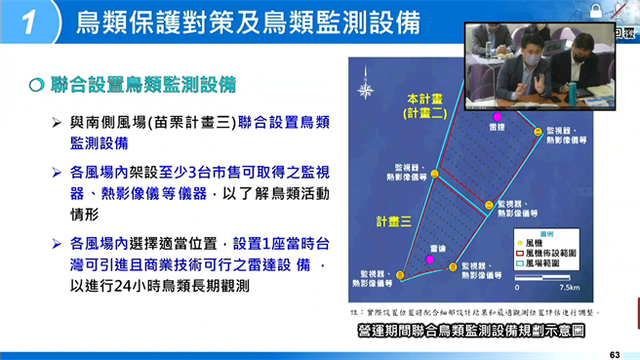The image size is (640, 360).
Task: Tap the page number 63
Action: click(x=614, y=353)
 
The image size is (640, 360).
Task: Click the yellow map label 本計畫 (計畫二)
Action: click(x=424, y=105)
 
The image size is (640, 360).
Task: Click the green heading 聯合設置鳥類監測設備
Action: click(x=143, y=85)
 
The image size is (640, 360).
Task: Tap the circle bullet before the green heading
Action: click(x=36, y=85)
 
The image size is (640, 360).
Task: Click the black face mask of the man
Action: click(x=580, y=54)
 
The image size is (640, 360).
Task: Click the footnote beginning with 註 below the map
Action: click(x=473, y=312)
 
